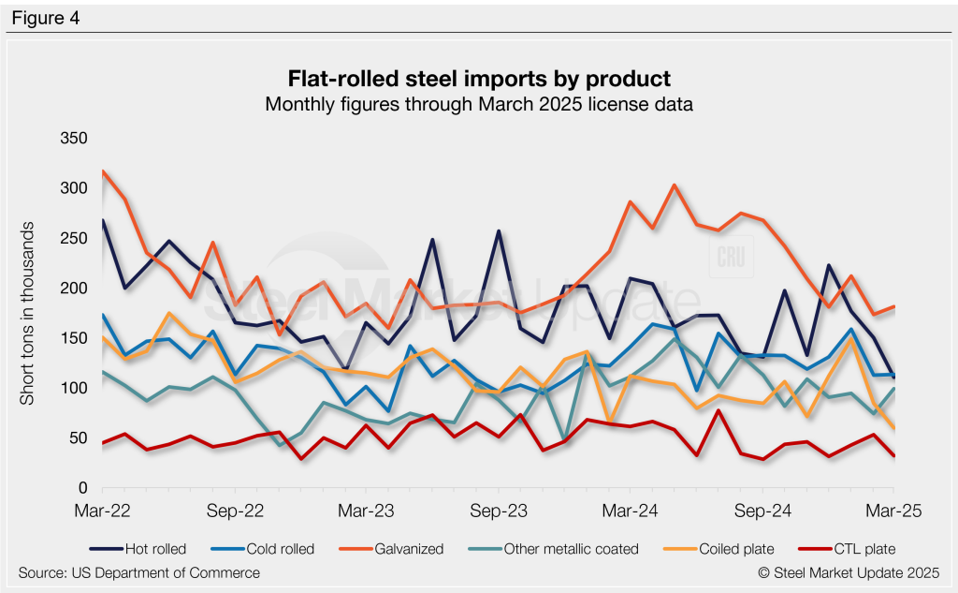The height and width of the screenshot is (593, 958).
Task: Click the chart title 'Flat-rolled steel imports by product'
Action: point(479,77)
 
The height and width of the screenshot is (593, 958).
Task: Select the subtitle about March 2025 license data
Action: point(479,104)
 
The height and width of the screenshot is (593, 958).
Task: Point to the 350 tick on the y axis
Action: point(74,139)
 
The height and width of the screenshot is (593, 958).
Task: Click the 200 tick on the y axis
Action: point(74,289)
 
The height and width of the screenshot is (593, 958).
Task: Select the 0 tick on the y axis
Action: point(82,489)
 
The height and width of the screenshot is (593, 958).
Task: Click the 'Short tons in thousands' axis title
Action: point(28,314)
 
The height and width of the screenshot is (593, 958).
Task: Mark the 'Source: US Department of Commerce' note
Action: point(138,572)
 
